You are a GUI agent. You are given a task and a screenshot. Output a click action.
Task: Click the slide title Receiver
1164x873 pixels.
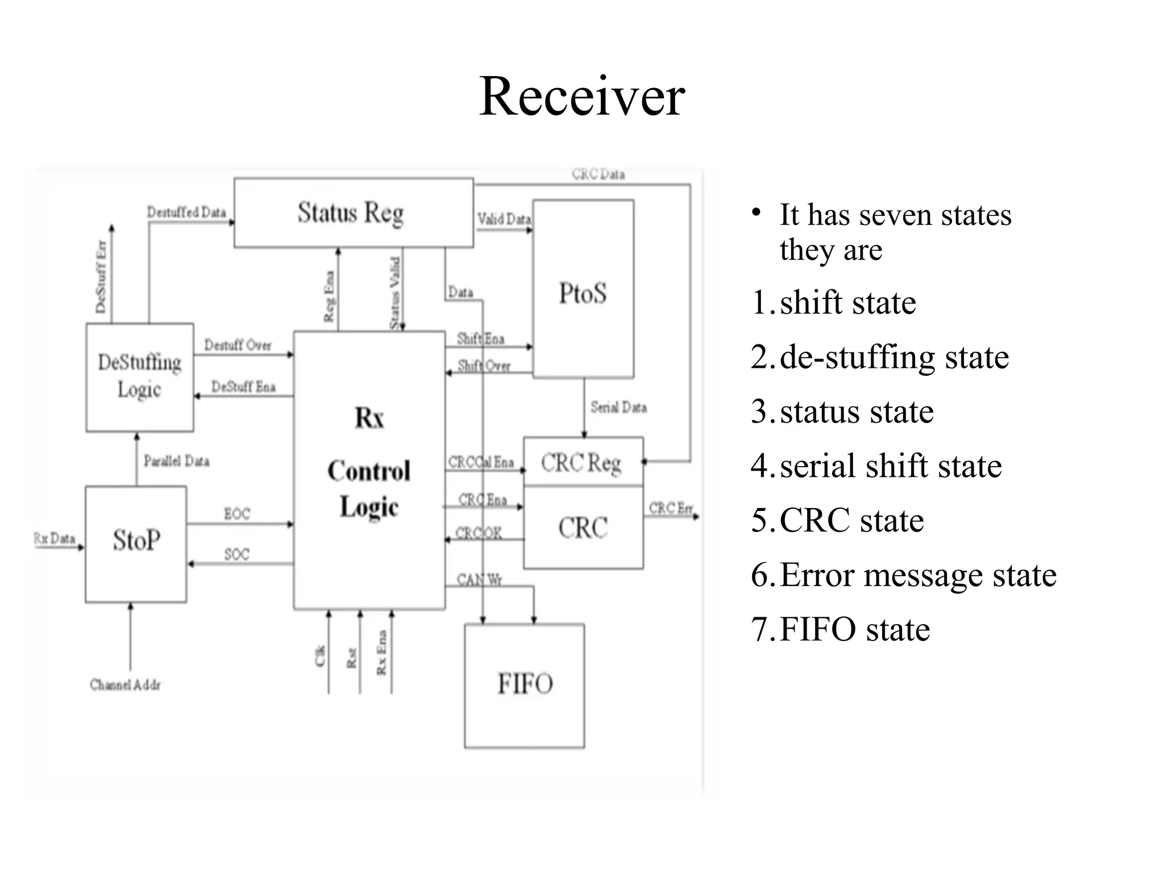(x=582, y=97)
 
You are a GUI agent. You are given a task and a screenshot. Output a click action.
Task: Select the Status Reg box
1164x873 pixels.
(x=353, y=213)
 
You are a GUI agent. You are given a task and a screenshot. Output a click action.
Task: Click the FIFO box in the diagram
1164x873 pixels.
(x=525, y=684)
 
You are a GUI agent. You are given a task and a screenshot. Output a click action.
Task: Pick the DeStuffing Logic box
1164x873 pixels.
(x=139, y=376)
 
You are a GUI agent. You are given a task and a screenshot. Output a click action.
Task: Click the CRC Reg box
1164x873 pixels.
(x=582, y=463)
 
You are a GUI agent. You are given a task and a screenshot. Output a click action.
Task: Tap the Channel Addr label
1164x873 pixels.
(x=126, y=685)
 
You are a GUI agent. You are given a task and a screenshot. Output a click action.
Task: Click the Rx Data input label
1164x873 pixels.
(x=55, y=538)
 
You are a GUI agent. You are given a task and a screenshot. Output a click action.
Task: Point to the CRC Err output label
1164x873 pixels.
(x=671, y=508)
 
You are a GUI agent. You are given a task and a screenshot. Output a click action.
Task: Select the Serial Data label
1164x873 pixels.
(x=618, y=408)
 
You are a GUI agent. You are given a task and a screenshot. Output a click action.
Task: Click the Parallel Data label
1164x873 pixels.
(x=176, y=461)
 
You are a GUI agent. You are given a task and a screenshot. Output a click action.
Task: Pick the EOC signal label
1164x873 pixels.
(x=237, y=514)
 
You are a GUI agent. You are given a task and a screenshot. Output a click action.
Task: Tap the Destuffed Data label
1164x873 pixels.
(x=186, y=213)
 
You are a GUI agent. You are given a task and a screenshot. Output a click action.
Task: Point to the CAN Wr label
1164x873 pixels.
(x=479, y=580)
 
